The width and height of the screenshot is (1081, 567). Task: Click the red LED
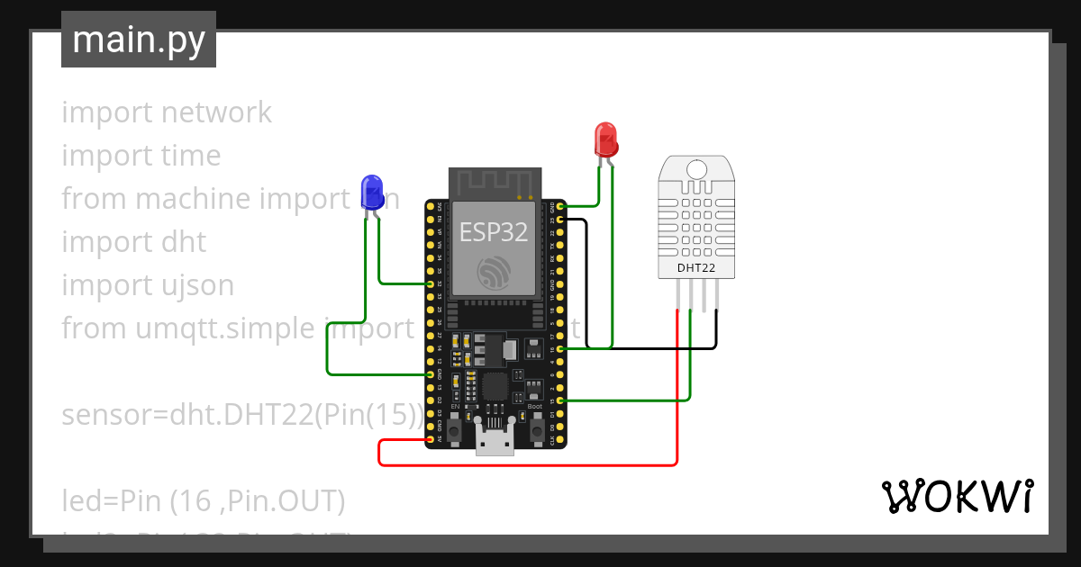tap(606, 139)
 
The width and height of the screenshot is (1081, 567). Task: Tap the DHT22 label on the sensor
tap(695, 267)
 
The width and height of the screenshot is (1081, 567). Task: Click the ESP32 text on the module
tap(494, 232)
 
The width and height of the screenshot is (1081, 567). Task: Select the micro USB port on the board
tap(495, 443)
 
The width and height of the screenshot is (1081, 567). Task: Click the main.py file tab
tap(139, 40)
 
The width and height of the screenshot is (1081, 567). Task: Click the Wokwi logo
tap(957, 496)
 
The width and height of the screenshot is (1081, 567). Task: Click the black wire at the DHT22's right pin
tap(717, 328)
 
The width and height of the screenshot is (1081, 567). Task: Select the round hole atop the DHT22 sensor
tap(695, 169)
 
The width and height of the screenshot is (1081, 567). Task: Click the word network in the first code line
tap(216, 112)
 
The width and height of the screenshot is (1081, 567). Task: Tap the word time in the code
tap(191, 156)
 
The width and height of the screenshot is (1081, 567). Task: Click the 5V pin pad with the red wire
tap(429, 439)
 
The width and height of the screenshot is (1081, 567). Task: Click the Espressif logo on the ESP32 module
tap(494, 274)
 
